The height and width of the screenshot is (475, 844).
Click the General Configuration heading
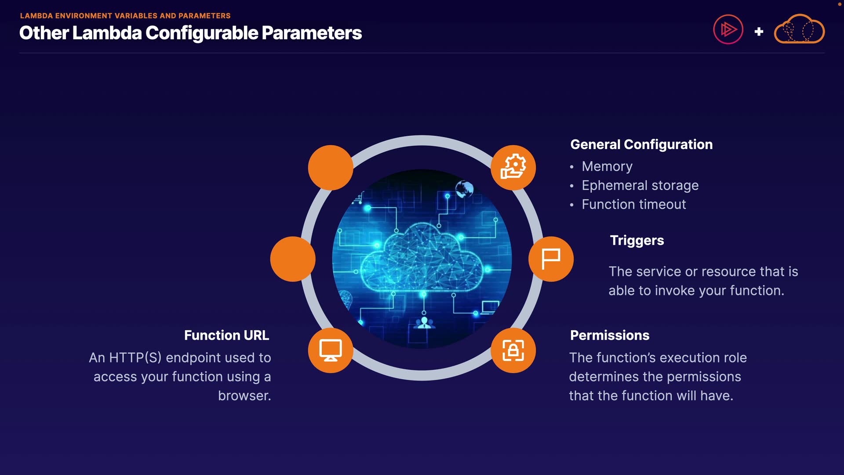[x=641, y=145]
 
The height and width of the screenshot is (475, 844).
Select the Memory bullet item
[x=607, y=166]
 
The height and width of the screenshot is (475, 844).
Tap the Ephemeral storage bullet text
[x=640, y=186]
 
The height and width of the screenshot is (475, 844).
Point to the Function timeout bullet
[x=634, y=205]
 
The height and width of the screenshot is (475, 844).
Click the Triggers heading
[x=637, y=241]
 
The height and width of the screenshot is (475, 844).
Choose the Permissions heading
[x=610, y=336]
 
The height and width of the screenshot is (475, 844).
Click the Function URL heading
[x=226, y=336]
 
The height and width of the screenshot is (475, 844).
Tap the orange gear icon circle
[x=513, y=168]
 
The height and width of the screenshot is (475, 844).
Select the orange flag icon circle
[x=551, y=259]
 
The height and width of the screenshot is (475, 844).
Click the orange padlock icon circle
[x=513, y=351]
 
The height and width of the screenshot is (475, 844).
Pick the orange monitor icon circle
[x=331, y=351]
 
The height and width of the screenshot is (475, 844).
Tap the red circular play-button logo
[x=728, y=29]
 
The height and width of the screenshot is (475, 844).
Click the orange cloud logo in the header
[x=799, y=29]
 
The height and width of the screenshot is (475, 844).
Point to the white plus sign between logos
[x=759, y=32]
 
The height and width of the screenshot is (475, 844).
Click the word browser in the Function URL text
[x=244, y=396]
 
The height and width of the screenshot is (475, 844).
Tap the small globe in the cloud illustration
[x=464, y=189]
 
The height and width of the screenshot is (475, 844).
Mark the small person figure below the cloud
[x=424, y=323]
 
